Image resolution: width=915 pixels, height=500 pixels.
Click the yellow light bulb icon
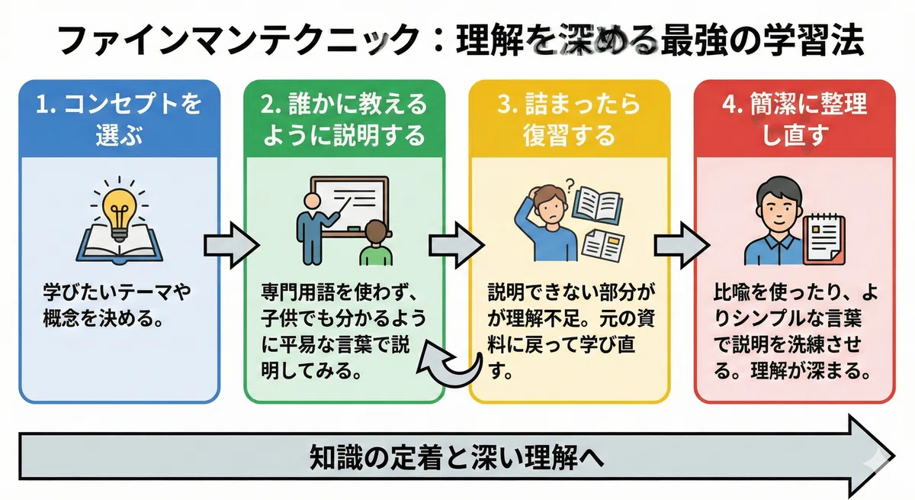click(x=119, y=215)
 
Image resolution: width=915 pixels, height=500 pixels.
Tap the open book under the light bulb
click(x=119, y=245)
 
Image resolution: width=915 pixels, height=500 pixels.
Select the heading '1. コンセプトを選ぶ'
click(x=119, y=119)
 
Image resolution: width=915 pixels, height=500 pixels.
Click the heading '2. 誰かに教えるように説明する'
click(x=344, y=119)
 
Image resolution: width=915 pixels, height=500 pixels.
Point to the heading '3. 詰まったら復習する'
click(x=569, y=119)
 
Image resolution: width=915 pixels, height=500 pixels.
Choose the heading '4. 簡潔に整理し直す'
click(x=795, y=119)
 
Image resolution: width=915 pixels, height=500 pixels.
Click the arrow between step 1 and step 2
click(x=232, y=245)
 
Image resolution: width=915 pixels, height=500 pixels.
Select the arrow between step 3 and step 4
click(x=682, y=245)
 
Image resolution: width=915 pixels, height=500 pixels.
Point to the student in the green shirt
click(x=376, y=244)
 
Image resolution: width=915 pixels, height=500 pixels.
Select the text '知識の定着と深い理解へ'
click(x=456, y=457)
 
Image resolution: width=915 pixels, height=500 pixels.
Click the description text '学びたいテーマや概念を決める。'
click(x=117, y=305)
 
